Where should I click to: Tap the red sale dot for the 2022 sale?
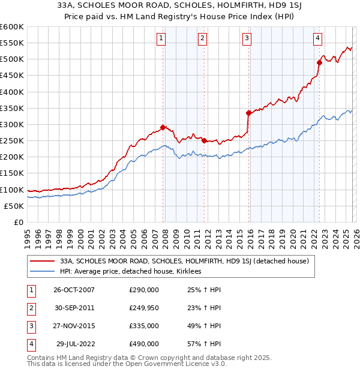pos(319,62)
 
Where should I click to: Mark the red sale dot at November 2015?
pos(248,112)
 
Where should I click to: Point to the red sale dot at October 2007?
pos(163,127)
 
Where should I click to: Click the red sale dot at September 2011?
pos(204,140)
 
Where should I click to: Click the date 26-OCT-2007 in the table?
pos(74,289)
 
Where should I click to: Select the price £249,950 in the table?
pos(143,307)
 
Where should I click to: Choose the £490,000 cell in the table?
pos(143,344)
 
